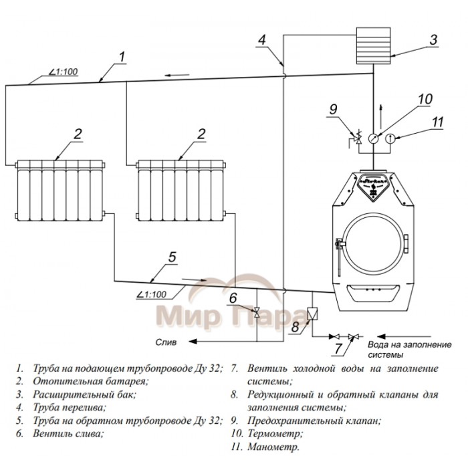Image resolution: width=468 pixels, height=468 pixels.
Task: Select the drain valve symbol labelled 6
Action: [256, 311]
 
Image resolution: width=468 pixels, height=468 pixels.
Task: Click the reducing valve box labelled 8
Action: [312, 312]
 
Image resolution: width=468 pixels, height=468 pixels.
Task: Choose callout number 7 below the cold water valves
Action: [338, 348]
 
